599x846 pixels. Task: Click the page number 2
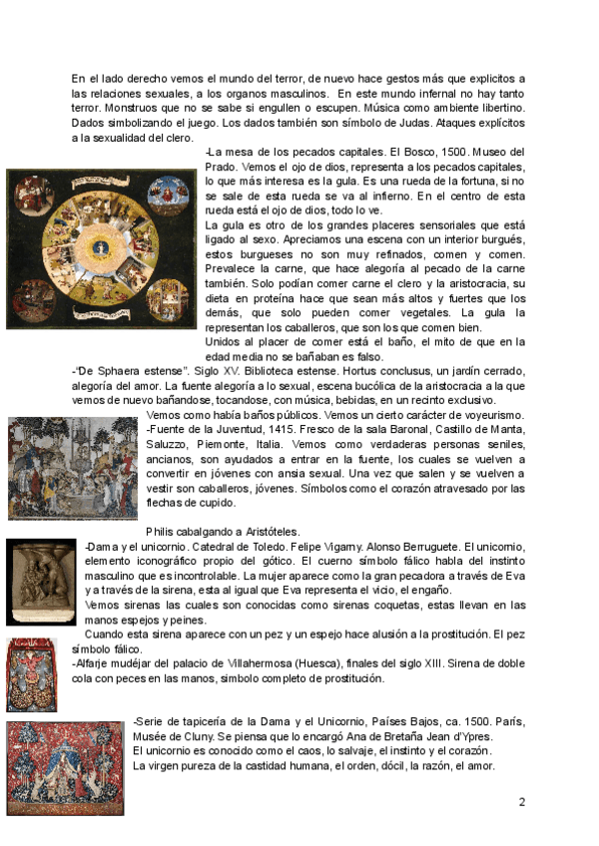tap(522, 801)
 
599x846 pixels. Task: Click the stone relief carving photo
tap(41, 581)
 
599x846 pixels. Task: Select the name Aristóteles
tap(266, 532)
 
